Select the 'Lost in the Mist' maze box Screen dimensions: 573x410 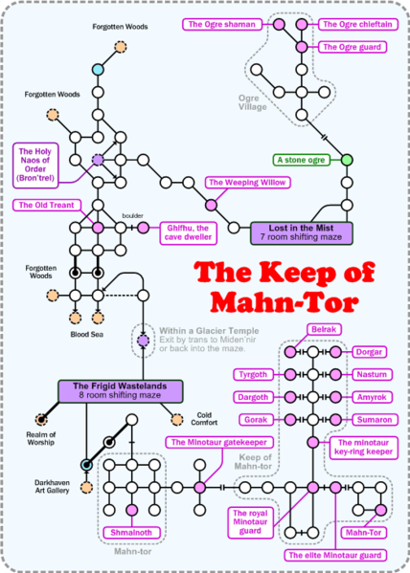tap(302, 231)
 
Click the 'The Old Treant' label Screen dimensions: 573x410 tap(44, 205)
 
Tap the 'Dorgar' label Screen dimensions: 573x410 tap(374, 352)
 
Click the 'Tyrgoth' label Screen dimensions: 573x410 tap(254, 374)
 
